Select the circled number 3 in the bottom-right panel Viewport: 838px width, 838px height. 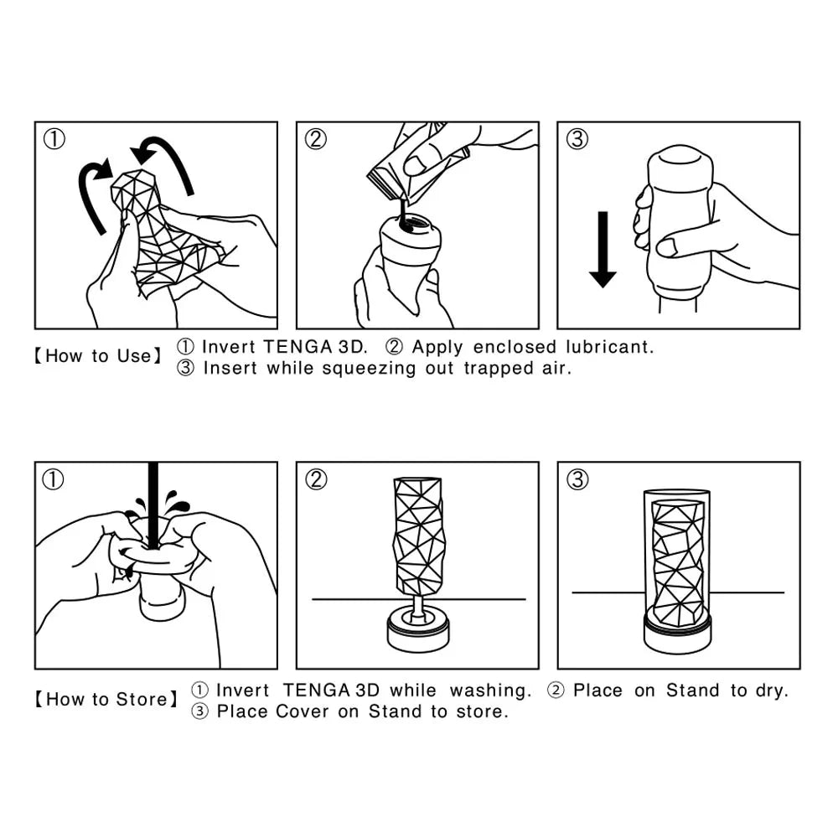tap(577, 479)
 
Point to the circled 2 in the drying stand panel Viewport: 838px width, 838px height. tap(316, 479)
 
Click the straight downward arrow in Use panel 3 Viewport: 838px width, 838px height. tap(603, 249)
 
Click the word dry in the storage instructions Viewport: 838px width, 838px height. tap(772, 691)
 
